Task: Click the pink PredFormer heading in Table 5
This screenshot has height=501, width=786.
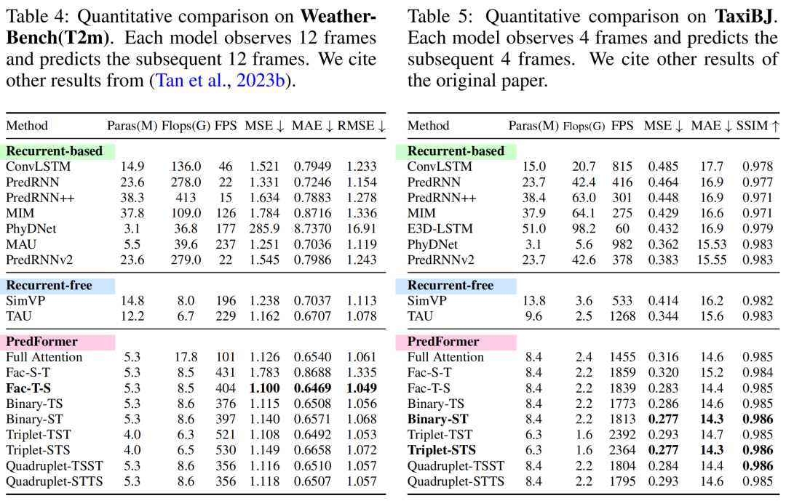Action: (x=438, y=342)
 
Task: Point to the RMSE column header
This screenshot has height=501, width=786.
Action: (x=362, y=126)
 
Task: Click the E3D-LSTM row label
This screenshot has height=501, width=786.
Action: (x=440, y=228)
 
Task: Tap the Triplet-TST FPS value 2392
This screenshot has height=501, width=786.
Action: (x=622, y=435)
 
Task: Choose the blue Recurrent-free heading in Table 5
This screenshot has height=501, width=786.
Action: (x=440, y=286)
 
